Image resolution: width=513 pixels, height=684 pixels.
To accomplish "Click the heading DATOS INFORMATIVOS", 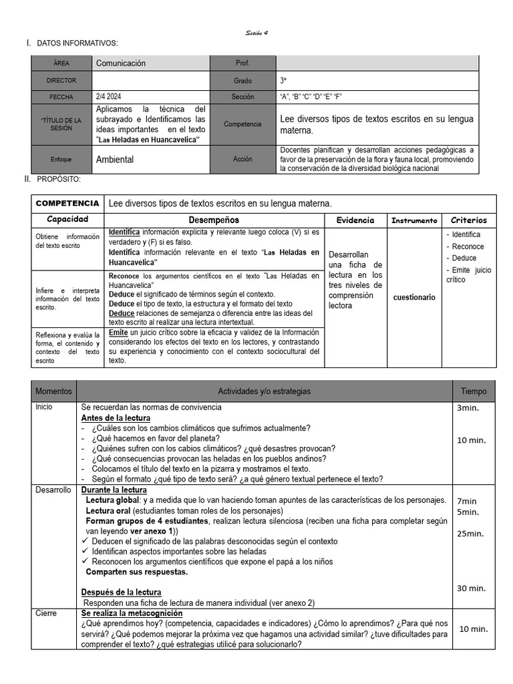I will tap(77, 43).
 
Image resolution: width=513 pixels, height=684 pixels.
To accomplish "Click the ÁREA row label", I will tap(61, 63).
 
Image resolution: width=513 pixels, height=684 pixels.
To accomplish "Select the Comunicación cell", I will tap(121, 63).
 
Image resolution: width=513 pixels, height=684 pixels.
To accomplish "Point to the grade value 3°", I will tap(284, 80).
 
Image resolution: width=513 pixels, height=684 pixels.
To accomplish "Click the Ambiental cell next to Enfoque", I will tap(115, 160).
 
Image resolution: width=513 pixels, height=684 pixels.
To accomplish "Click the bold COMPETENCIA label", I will tap(67, 203).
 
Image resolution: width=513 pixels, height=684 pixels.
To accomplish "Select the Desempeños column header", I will tap(214, 220).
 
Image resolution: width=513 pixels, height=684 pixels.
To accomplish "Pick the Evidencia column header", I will tap(355, 220).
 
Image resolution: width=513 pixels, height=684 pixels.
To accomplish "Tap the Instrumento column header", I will tap(414, 220).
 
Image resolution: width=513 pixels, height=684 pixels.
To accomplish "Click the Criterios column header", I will tap(469, 220).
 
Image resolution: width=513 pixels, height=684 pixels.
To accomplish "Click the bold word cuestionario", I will tap(414, 297).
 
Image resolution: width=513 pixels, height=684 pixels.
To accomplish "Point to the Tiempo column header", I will tap(474, 391).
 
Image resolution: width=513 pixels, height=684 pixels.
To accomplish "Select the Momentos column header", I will tap(53, 391).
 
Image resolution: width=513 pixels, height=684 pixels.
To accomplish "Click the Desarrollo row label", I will tap(53, 490).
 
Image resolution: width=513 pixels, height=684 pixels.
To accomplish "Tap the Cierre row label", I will tap(46, 613).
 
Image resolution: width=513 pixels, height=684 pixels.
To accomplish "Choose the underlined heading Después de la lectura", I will tap(121, 592).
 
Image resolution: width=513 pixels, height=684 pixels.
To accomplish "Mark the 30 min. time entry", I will tap(471, 588).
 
